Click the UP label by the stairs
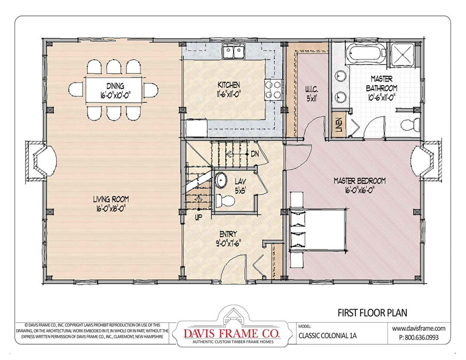pos(199,217)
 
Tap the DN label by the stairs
pos(255,154)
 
